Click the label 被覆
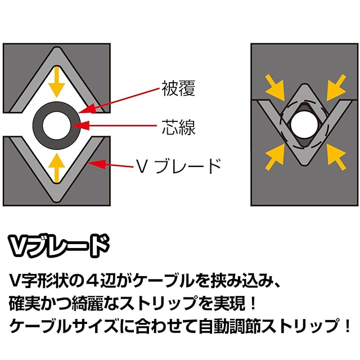point(179,89)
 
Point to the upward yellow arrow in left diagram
point(55,167)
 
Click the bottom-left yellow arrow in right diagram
point(274,154)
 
